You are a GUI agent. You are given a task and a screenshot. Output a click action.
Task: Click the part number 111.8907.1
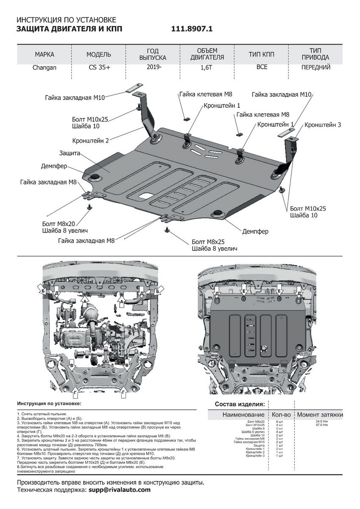click(191, 29)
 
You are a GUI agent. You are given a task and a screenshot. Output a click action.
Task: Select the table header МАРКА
click(45, 55)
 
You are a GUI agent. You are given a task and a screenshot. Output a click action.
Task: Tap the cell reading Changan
click(45, 67)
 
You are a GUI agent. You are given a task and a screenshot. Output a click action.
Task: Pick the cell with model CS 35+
click(99, 67)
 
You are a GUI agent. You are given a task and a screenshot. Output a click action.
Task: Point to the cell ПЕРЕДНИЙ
click(315, 67)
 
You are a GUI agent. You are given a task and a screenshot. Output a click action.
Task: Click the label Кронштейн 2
click(91, 140)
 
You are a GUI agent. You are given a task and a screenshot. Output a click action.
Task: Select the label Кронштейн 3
click(322, 125)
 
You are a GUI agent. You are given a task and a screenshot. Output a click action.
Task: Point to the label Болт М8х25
click(208, 241)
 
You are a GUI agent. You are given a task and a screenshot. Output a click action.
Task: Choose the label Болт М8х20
click(59, 223)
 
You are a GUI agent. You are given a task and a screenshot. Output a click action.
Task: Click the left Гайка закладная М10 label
click(75, 98)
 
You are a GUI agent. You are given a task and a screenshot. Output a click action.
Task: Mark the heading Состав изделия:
click(240, 404)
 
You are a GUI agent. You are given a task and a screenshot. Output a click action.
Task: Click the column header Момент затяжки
click(320, 414)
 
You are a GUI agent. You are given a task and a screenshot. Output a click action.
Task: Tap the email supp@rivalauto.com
click(120, 490)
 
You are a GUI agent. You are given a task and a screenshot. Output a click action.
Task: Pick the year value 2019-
click(154, 67)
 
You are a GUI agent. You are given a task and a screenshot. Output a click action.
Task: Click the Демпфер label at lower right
click(255, 232)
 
